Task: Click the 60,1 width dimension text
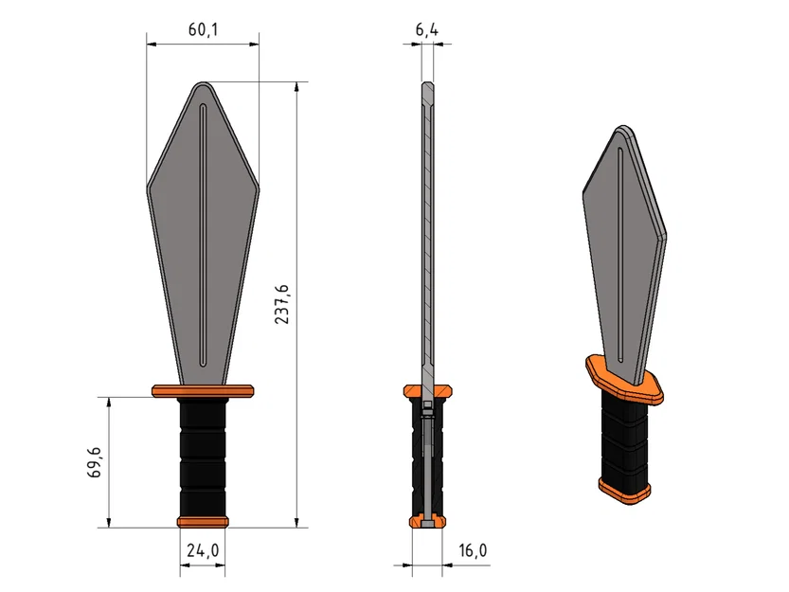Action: [x=203, y=30]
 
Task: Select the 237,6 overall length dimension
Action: [x=282, y=304]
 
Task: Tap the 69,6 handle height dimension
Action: [x=95, y=462]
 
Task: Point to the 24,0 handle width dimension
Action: [x=203, y=549]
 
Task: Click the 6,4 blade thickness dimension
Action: [x=427, y=30]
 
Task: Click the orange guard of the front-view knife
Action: [x=202, y=389]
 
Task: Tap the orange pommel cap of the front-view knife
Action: [x=203, y=521]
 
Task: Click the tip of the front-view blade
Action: [x=203, y=84]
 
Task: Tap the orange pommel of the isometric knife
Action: [x=626, y=490]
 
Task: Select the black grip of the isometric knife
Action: [x=626, y=437]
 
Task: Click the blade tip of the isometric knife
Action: [x=624, y=129]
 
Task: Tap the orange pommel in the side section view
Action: [x=427, y=521]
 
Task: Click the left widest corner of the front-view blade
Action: [x=149, y=187]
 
